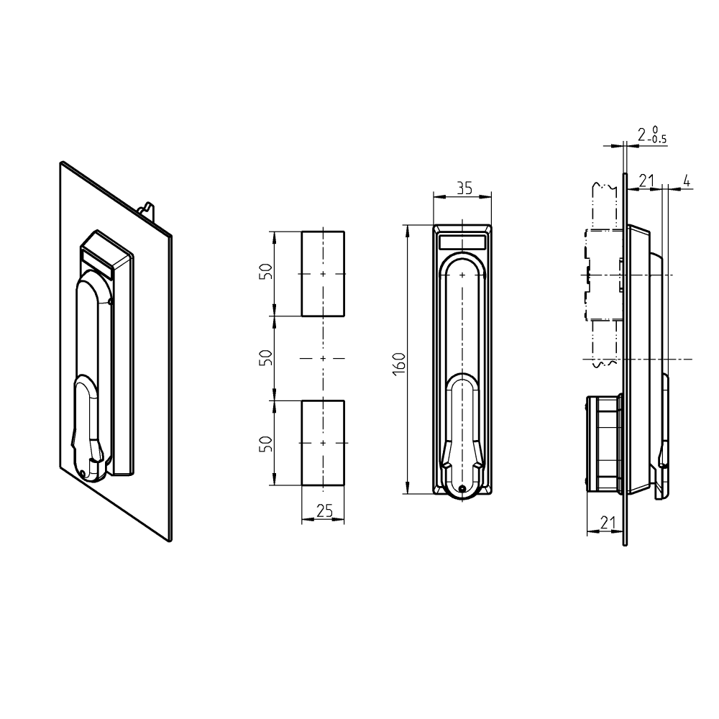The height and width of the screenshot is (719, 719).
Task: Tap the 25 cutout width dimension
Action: pyautogui.click(x=324, y=510)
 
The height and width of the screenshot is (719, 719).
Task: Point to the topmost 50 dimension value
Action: pyautogui.click(x=265, y=273)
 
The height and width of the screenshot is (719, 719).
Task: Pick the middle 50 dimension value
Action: pyautogui.click(x=265, y=357)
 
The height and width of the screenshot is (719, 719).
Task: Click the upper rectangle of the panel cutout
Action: pyautogui.click(x=323, y=273)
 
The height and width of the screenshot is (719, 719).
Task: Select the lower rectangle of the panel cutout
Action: pyautogui.click(x=323, y=443)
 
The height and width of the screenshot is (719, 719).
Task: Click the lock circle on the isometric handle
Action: pyautogui.click(x=84, y=472)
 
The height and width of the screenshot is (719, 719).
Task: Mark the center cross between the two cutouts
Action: pyautogui.click(x=323, y=357)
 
